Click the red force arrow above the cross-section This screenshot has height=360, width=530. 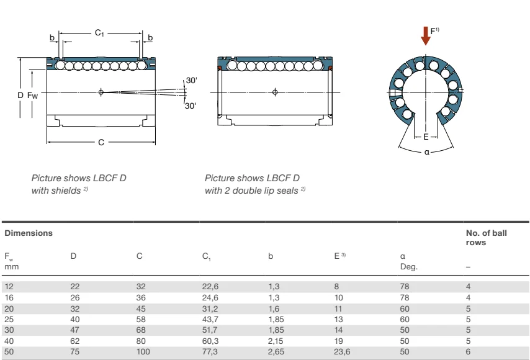(x=425, y=35)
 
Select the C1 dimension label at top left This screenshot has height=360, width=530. (x=99, y=32)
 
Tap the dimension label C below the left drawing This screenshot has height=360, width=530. (x=101, y=142)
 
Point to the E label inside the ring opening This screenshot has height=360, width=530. (x=426, y=136)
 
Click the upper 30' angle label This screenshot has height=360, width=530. (x=192, y=81)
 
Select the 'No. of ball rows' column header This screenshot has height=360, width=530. (x=486, y=237)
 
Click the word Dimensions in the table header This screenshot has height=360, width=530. (x=29, y=233)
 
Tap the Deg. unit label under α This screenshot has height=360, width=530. (x=409, y=266)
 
